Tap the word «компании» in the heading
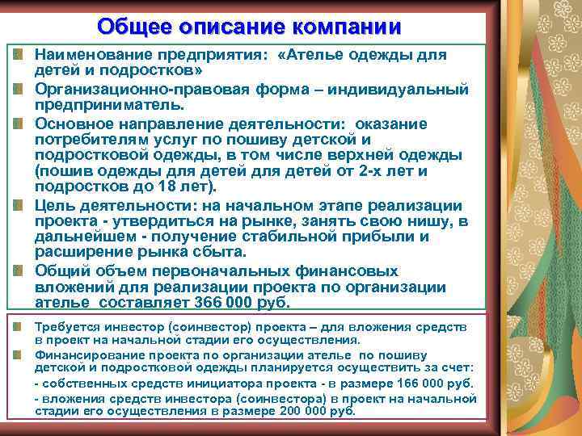point(349,26)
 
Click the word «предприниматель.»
point(109,105)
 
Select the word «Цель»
point(54,206)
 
